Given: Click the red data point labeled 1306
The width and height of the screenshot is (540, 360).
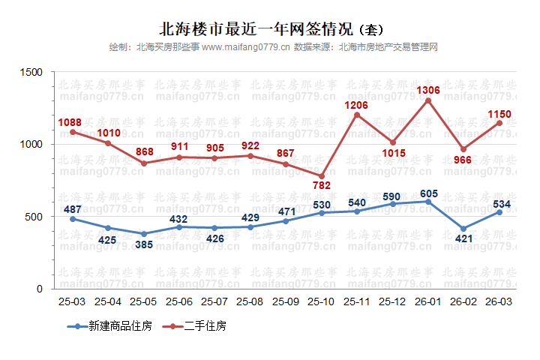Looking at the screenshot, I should coord(428,100).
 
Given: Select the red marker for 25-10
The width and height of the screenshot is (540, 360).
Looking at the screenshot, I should coord(322,176).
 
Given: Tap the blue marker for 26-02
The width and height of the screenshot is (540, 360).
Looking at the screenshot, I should coord(463,229).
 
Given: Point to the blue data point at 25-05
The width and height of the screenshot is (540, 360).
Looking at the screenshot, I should coord(144,234).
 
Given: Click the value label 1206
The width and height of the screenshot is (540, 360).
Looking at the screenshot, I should coord(357,105).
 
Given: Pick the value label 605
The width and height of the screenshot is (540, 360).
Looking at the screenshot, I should coord(428,193).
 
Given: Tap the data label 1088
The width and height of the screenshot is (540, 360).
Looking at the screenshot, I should coord(73,121).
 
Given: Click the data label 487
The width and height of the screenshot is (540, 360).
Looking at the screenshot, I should coord(73,209).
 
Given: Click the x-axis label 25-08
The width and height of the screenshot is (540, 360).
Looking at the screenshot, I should coord(250,301).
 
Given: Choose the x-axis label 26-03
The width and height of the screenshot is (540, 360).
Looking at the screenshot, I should coord(499,301).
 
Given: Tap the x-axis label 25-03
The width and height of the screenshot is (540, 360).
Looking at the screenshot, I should coord(73,301).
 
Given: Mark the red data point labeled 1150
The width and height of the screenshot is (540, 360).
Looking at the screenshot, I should coord(499,123).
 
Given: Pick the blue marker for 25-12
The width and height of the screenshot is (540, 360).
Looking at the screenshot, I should coord(392,204).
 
